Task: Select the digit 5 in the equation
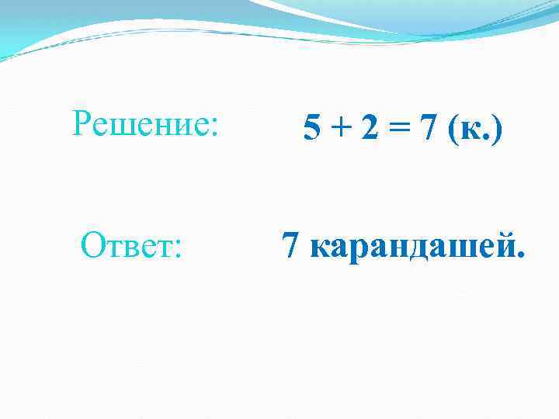tap(311, 129)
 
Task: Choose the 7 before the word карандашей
tap(291, 247)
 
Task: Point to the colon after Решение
tap(214, 124)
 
